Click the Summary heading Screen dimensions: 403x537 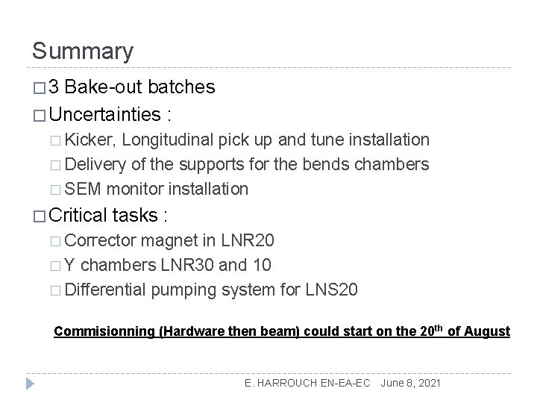click(83, 51)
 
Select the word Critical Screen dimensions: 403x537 click(78, 216)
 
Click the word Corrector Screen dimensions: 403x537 click(100, 242)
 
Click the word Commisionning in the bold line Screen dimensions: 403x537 click(102, 331)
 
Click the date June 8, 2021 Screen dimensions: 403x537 click(411, 383)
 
